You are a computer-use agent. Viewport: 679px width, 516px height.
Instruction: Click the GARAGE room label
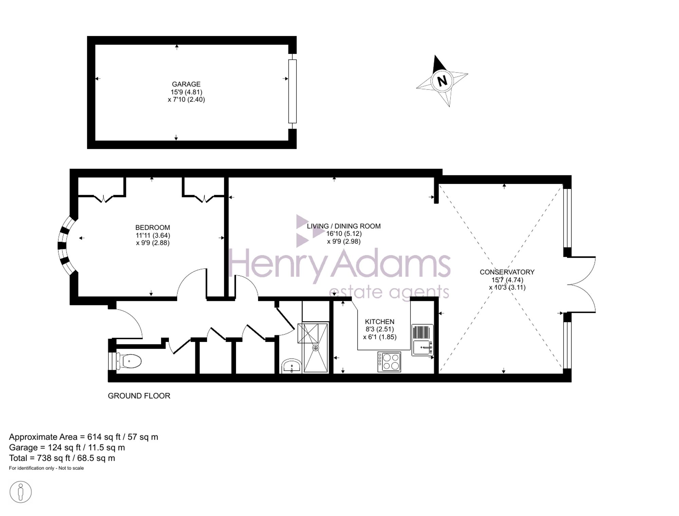pyautogui.click(x=186, y=84)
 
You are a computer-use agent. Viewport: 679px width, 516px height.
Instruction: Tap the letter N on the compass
pyautogui.click(x=442, y=81)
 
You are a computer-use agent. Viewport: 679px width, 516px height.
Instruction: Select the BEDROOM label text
pyautogui.click(x=152, y=228)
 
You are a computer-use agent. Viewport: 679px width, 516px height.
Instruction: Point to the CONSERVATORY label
pyautogui.click(x=507, y=272)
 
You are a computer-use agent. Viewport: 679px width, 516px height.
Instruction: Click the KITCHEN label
pyautogui.click(x=380, y=322)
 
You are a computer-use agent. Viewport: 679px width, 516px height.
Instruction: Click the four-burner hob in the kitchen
pyautogui.click(x=389, y=362)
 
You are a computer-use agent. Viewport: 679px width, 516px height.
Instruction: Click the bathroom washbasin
pyautogui.click(x=291, y=366)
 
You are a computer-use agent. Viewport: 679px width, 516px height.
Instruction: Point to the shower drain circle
pyautogui.click(x=316, y=348)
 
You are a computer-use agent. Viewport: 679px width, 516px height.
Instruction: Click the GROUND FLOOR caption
pyautogui.click(x=139, y=396)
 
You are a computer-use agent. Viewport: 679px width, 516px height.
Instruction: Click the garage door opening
pyautogui.click(x=292, y=91)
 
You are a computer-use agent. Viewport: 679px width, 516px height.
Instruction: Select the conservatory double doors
pyautogui.click(x=581, y=284)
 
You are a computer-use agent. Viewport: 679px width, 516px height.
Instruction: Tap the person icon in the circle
pyautogui.click(x=21, y=492)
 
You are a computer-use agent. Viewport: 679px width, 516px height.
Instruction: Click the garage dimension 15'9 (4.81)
pyautogui.click(x=186, y=92)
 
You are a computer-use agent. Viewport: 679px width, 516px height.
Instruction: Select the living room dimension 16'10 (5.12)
pyautogui.click(x=344, y=234)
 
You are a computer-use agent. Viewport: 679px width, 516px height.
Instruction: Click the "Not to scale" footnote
pyautogui.click(x=71, y=468)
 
